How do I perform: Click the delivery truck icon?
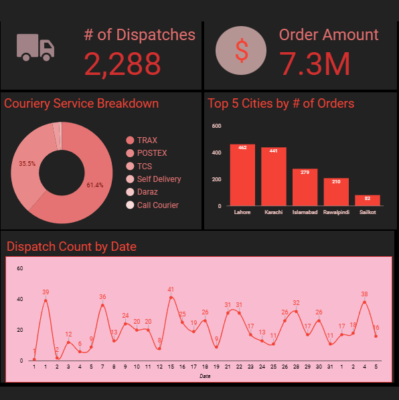(35, 48)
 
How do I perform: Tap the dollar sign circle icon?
(241, 52)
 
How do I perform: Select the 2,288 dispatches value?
(123, 64)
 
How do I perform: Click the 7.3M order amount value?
(314, 64)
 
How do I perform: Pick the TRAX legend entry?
(147, 140)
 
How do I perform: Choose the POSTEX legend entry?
(151, 153)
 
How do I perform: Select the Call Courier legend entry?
(157, 205)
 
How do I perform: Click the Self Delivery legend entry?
(159, 179)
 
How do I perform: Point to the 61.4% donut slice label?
(95, 185)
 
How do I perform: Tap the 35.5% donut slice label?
(27, 163)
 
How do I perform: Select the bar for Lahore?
(242, 175)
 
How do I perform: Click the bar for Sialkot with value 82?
(368, 200)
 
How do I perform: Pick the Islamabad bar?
(305, 187)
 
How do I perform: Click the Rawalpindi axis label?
(336, 213)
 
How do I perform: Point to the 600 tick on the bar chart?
(216, 126)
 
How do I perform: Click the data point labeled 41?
(171, 297)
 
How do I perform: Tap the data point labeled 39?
(46, 300)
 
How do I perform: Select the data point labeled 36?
(102, 305)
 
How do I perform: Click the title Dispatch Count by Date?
(72, 247)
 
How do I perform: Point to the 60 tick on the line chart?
(20, 268)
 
